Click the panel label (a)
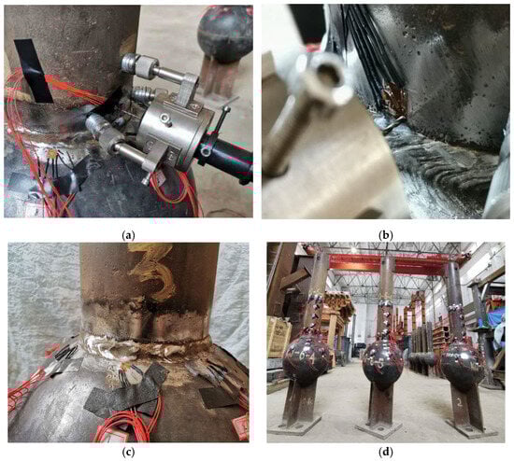pos(128,235)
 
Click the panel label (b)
pos(385,235)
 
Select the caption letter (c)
pos(128,453)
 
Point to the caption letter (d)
pos(385,453)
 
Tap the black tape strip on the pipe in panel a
pos(33,70)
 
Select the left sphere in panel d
pos(306,356)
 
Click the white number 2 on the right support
pos(460,403)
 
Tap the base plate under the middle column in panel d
pos(378,426)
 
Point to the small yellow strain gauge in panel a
pos(51,154)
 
